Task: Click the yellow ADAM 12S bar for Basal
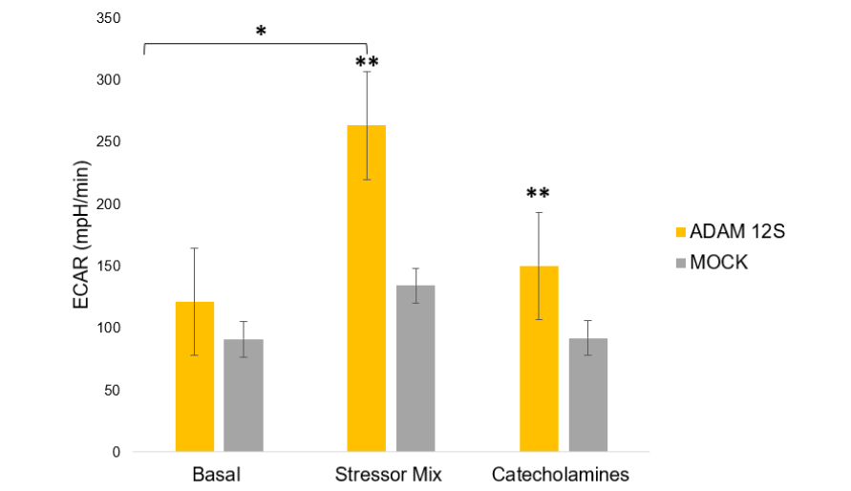pyautogui.click(x=195, y=376)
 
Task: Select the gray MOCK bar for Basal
pyautogui.click(x=244, y=395)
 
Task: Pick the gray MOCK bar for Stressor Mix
pyautogui.click(x=415, y=369)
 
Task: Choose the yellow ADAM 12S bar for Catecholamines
pyautogui.click(x=539, y=358)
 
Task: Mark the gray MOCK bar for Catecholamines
pyautogui.click(x=587, y=395)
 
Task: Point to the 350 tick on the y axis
pyautogui.click(x=108, y=17)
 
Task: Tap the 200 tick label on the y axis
pyautogui.click(x=108, y=203)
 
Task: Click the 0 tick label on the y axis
pyautogui.click(x=117, y=452)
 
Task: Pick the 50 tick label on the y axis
pyautogui.click(x=112, y=390)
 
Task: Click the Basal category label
pyautogui.click(x=219, y=475)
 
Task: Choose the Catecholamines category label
pyautogui.click(x=562, y=475)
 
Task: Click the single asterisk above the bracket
pyautogui.click(x=261, y=31)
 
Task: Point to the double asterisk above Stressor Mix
pyautogui.click(x=367, y=63)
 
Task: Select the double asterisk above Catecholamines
pyautogui.click(x=539, y=194)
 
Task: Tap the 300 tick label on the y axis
pyautogui.click(x=108, y=79)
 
